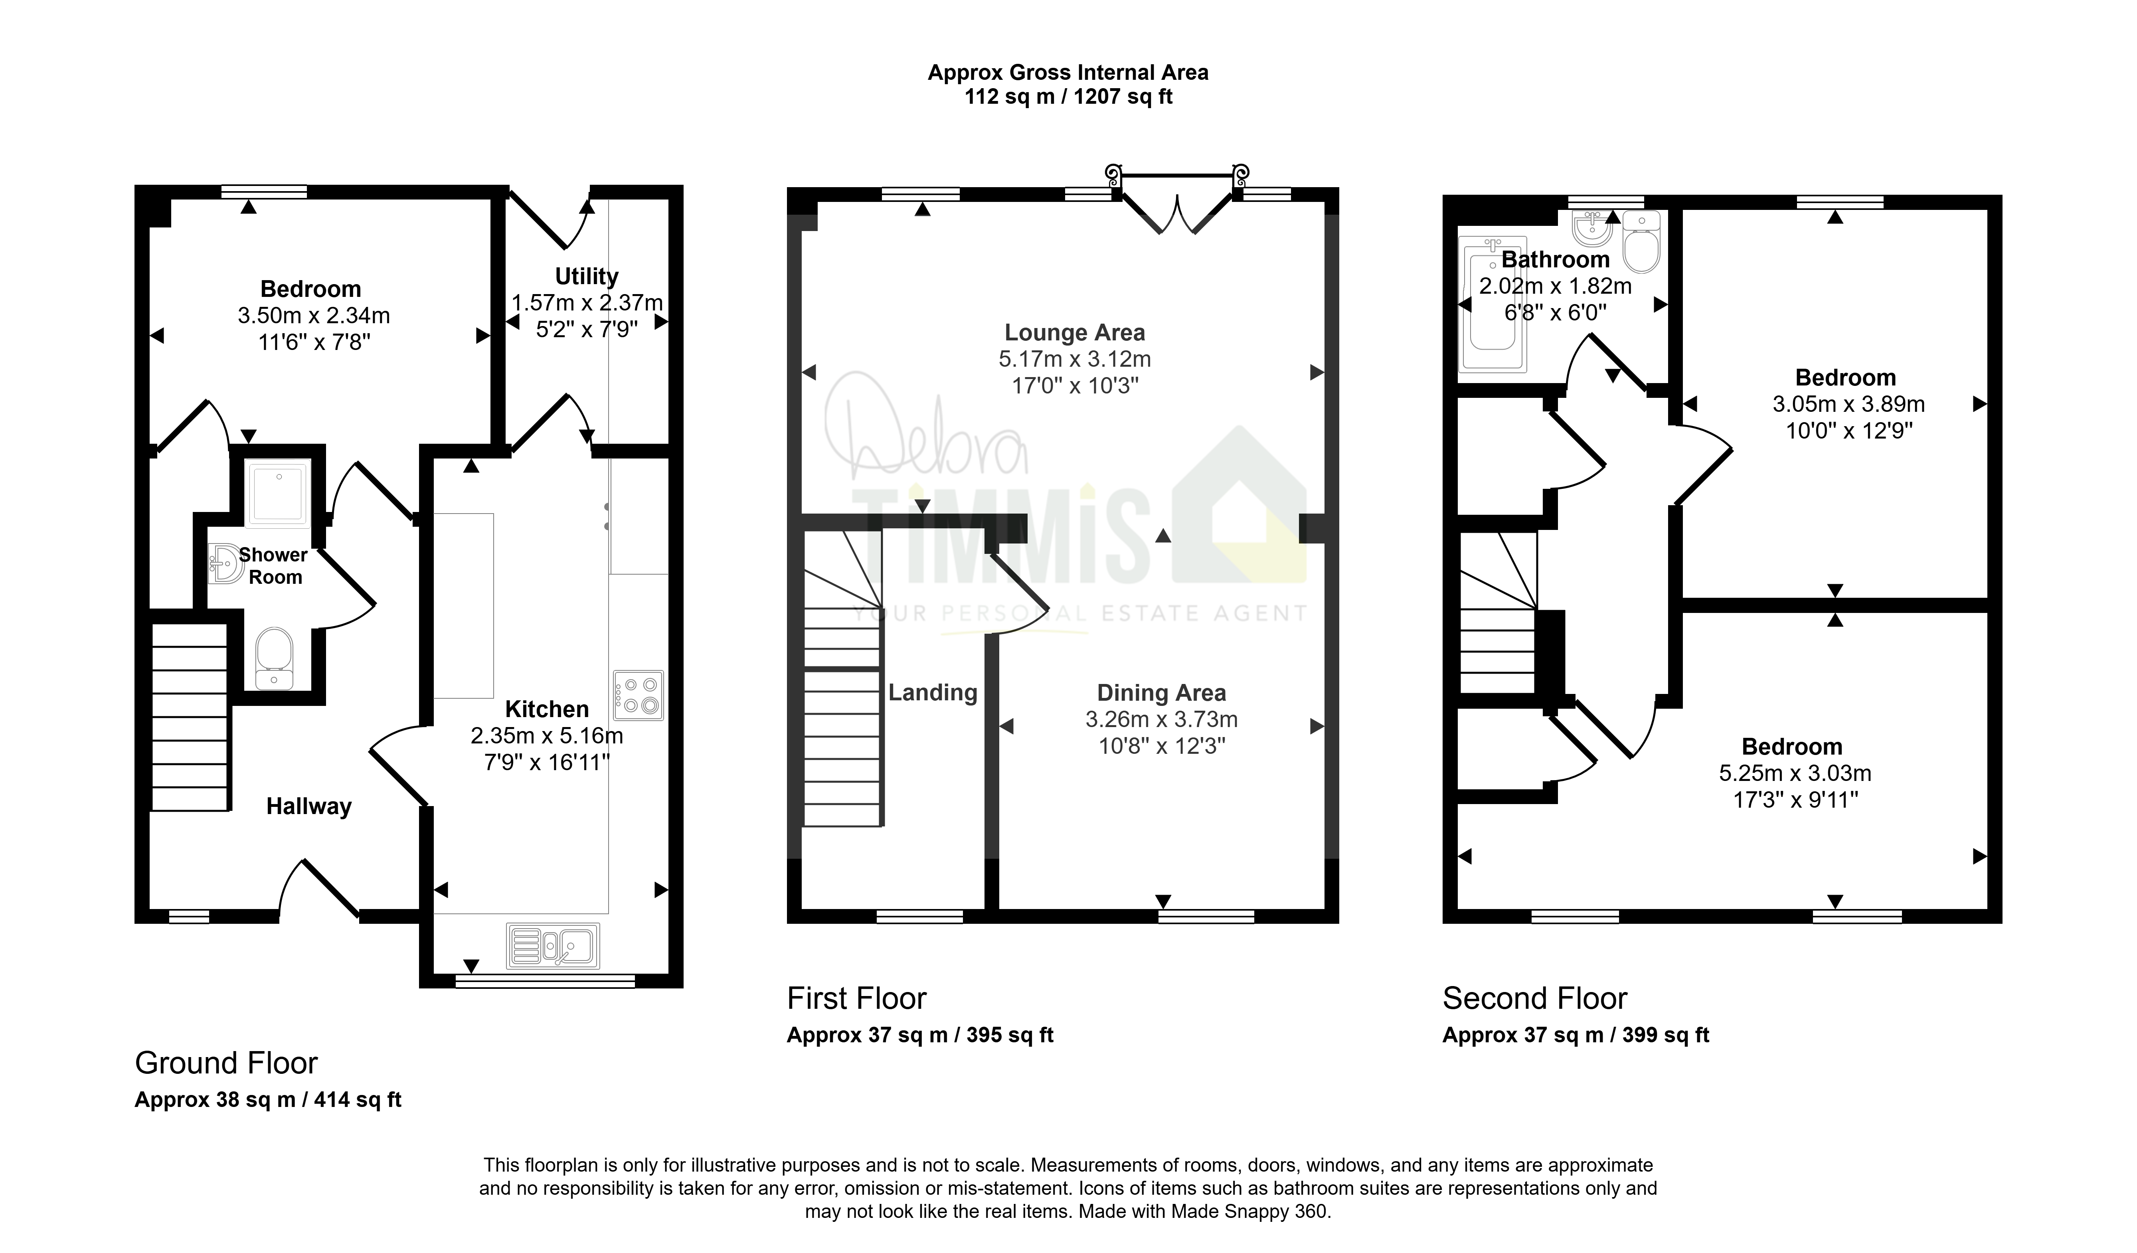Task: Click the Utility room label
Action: click(x=587, y=277)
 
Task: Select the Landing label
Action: click(x=933, y=693)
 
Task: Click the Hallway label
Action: click(x=309, y=806)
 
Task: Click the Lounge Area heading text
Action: click(x=1074, y=332)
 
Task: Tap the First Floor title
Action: click(x=856, y=999)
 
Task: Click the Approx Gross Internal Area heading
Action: click(x=1068, y=73)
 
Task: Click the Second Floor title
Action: click(x=1535, y=999)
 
